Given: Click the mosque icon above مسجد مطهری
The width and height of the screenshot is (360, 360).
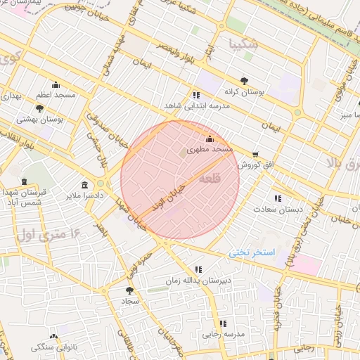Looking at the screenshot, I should (209, 139).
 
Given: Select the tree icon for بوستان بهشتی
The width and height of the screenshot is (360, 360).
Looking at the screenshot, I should (39, 108).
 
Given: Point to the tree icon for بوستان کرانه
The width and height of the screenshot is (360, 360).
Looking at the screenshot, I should (243, 80).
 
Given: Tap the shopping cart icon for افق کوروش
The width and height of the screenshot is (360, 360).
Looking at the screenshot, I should (255, 154).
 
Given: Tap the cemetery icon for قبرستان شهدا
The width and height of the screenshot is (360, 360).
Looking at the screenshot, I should (25, 182).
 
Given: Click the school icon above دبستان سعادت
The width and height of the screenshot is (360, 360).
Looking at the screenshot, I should (278, 198).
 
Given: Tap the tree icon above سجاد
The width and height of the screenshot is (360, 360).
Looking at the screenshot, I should (129, 289).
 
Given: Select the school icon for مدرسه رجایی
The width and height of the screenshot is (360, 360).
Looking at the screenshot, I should (223, 323).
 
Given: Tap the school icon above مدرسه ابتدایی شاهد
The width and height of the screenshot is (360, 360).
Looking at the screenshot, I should (195, 95).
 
